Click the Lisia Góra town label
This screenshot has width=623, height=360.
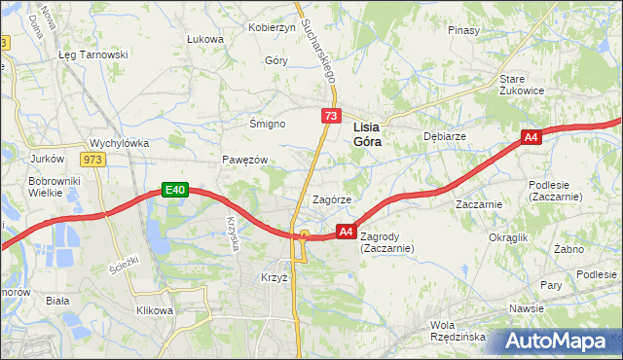pyautogui.click(x=365, y=133)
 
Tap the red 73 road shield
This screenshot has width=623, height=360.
pyautogui.click(x=331, y=117)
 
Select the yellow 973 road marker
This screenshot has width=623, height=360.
pyautogui.click(x=94, y=159)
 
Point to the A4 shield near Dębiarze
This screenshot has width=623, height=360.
pyautogui.click(x=531, y=139)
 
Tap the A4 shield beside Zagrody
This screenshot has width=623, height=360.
pyautogui.click(x=346, y=232)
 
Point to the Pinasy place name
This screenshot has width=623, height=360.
pyautogui.click(x=464, y=30)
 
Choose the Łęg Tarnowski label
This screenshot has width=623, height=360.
pyautogui.click(x=93, y=54)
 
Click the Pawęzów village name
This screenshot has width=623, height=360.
pyautogui.click(x=244, y=159)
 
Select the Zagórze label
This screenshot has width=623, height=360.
pyautogui.click(x=331, y=199)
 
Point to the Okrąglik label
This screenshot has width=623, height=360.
pyautogui.click(x=508, y=236)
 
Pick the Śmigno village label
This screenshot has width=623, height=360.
pyautogui.click(x=267, y=125)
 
